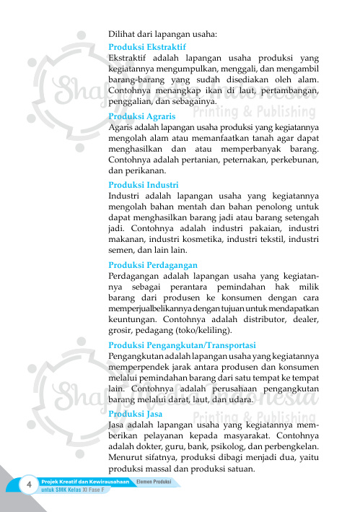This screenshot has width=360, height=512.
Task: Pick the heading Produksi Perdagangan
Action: [x=147, y=265]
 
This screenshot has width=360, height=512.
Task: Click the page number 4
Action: [x=29, y=485]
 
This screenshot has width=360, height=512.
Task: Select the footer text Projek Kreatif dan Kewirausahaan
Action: [x=85, y=481]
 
